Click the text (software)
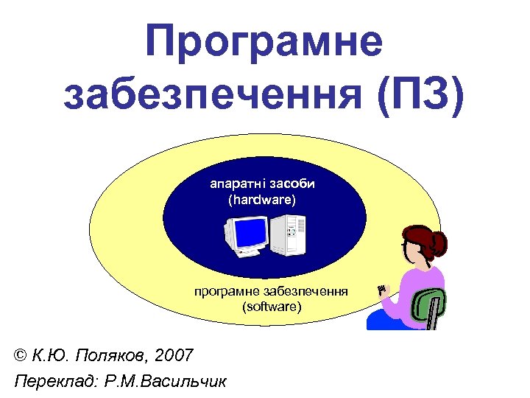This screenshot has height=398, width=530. pyautogui.click(x=272, y=304)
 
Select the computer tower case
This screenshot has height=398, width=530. pyautogui.click(x=288, y=234)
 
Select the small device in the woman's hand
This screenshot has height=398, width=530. pyautogui.click(x=381, y=290)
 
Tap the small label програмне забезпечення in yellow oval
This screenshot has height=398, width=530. pyautogui.click(x=272, y=291)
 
